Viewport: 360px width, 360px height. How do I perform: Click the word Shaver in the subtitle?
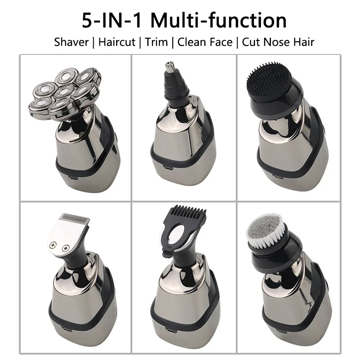(71, 42)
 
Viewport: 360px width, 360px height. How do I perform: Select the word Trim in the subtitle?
(157, 42)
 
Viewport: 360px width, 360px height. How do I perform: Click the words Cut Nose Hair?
(278, 42)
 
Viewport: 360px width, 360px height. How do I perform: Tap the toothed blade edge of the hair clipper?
(73, 219)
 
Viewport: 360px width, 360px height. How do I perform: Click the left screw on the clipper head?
(55, 245)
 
